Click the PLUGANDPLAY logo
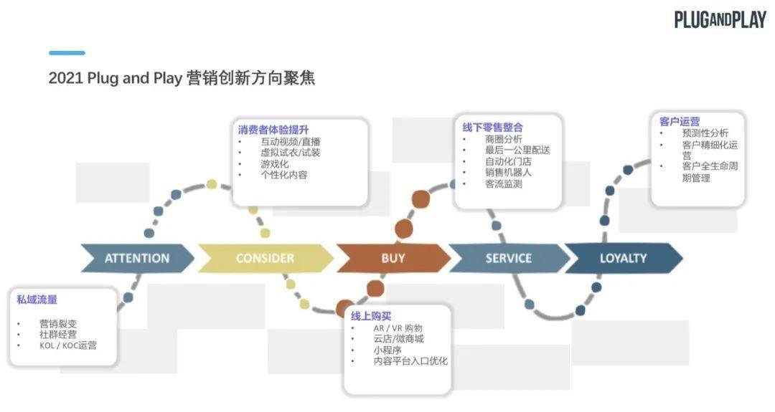720,19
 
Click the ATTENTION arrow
137,258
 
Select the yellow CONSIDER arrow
266,258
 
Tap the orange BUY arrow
393,258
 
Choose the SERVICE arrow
509,258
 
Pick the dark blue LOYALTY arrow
624,258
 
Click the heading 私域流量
37,300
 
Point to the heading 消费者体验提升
273,130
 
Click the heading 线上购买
371,316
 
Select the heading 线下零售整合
493,128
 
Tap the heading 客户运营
680,121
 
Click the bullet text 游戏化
275,164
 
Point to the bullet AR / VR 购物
398,328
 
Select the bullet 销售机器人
508,172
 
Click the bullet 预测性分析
705,133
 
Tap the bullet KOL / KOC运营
68,345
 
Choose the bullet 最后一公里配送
517,150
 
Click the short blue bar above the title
67,53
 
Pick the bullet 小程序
387,350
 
